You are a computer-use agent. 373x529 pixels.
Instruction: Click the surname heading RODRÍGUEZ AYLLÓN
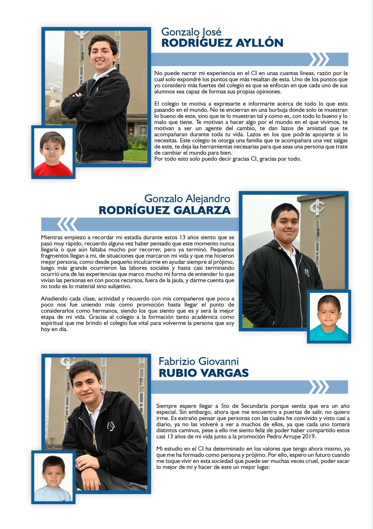[x=222, y=43]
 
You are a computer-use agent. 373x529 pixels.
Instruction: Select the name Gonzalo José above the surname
[x=191, y=31]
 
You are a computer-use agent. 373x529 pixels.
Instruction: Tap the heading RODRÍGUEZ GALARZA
[x=164, y=210]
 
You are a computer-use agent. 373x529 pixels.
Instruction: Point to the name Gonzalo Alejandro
[x=187, y=199]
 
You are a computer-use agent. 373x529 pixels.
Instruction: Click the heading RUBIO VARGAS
[x=204, y=373]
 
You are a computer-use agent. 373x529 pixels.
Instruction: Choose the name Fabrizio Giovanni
[x=199, y=361]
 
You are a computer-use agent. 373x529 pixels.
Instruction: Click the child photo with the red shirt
[x=53, y=152]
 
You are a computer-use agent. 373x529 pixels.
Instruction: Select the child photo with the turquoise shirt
[x=329, y=317]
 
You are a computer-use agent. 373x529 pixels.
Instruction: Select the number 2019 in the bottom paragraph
[x=309, y=436]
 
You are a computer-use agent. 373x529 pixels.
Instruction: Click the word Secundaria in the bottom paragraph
[x=254, y=406]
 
